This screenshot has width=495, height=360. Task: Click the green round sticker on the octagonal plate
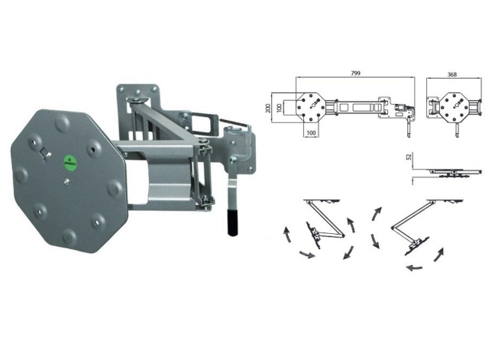click(71, 162)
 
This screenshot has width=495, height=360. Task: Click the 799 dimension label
click(355, 73)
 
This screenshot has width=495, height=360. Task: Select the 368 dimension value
click(452, 75)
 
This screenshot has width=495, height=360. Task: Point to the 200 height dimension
click(268, 108)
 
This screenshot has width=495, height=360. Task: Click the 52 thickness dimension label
click(409, 157)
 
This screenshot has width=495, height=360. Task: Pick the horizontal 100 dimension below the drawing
click(311, 133)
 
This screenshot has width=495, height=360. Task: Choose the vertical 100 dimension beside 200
click(278, 108)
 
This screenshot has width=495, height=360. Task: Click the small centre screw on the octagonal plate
click(66, 181)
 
